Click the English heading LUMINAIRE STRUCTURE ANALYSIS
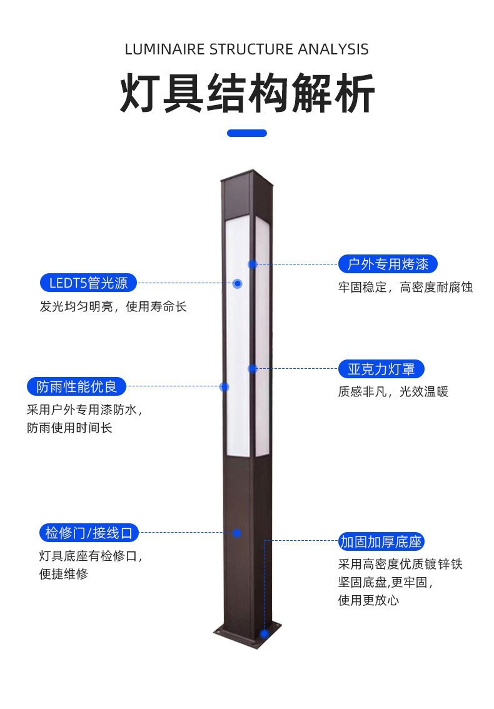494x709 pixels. [246, 49]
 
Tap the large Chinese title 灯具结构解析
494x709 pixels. [247, 94]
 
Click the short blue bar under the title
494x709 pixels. [246, 133]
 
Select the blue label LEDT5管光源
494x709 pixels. [89, 283]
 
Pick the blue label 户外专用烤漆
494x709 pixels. [388, 264]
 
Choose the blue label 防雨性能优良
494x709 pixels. [76, 386]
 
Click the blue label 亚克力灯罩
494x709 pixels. [381, 369]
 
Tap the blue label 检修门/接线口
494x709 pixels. [89, 533]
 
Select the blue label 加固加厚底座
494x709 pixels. [381, 541]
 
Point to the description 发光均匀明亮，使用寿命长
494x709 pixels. [113, 306]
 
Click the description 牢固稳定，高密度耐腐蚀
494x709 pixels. [405, 287]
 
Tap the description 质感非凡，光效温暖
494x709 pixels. [393, 391]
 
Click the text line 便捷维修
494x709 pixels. [63, 574]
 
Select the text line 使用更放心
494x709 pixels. [369, 600]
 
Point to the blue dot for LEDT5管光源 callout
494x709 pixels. [238, 283]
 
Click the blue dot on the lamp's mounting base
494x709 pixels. [264, 633]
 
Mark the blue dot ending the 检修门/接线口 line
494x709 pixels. [236, 533]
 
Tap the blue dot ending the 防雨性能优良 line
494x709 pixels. [224, 386]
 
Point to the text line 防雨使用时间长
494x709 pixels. [69, 428]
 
